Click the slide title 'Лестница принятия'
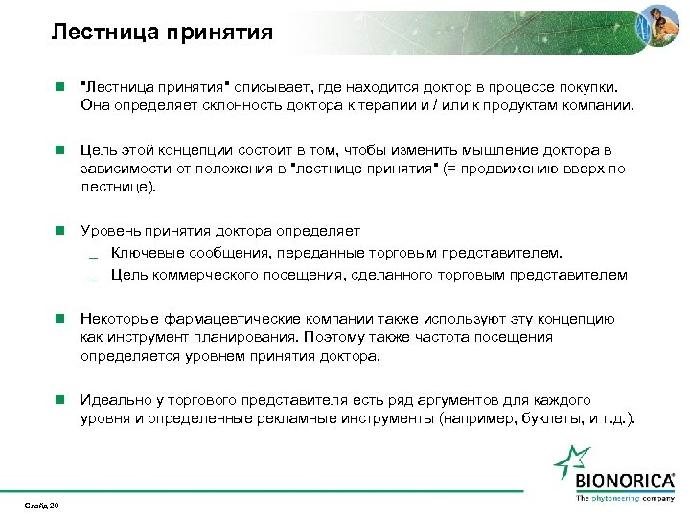(x=162, y=33)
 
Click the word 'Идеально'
(x=112, y=400)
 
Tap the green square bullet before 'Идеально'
(x=58, y=400)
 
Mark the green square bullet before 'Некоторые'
(x=58, y=319)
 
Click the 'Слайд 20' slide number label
(x=42, y=506)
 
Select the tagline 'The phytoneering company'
(x=625, y=499)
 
